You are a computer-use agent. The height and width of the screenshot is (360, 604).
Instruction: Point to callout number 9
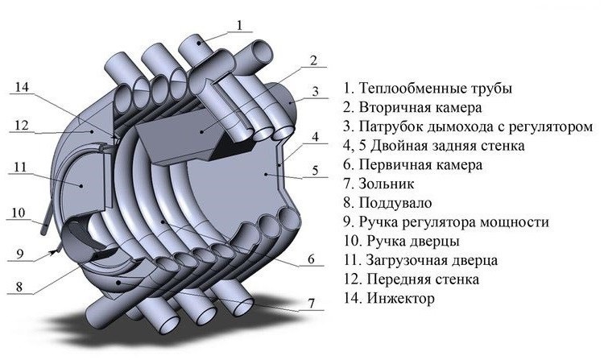pyautogui.click(x=23, y=252)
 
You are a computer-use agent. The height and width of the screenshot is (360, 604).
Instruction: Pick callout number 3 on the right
pyautogui.click(x=317, y=90)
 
